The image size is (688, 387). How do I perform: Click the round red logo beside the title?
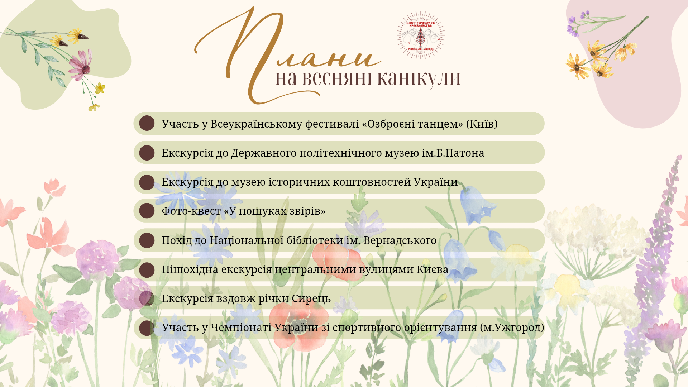[x=420, y=35]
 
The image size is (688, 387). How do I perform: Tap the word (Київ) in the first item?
[x=482, y=124]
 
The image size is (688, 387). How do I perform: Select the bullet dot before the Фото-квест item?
[x=147, y=211]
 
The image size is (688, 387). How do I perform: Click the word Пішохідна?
[x=190, y=269]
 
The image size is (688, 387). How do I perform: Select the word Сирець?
[x=311, y=298]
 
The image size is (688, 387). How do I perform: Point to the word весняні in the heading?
[x=337, y=78]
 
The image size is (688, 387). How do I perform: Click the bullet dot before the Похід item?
[x=147, y=240]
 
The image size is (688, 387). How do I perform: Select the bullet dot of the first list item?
[x=147, y=123]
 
